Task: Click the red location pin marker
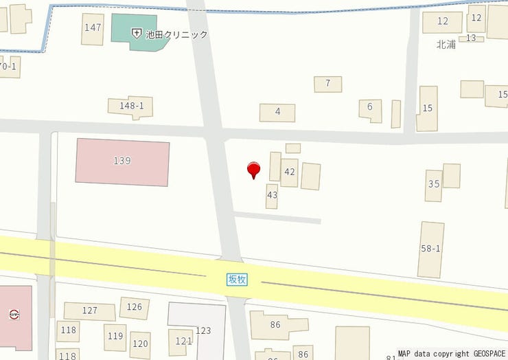(254, 169)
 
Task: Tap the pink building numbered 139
(122, 161)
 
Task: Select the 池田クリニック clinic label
(176, 34)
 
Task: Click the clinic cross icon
(137, 34)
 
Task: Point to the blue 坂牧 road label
(237, 279)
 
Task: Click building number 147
(93, 28)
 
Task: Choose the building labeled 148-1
(131, 106)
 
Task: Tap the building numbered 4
(277, 112)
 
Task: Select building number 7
(328, 84)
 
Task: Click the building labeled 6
(370, 108)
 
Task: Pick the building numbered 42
(289, 172)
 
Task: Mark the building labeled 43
(272, 196)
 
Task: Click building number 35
(433, 185)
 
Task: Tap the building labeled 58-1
(431, 249)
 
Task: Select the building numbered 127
(89, 311)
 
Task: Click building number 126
(135, 307)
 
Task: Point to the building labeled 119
(115, 337)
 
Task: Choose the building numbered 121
(183, 341)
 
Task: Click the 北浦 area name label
(446, 45)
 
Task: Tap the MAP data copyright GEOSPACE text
(451, 354)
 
